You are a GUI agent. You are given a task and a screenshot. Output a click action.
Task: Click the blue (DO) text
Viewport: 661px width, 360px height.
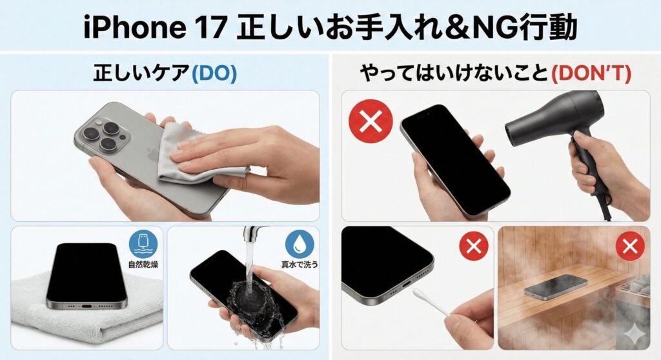tap(214, 74)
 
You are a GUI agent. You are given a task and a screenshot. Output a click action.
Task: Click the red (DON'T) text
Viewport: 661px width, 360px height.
tap(591, 74)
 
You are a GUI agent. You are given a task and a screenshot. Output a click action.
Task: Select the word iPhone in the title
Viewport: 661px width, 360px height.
tap(135, 28)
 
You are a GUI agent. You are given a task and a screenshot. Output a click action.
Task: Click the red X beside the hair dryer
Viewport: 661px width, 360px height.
tap(371, 121)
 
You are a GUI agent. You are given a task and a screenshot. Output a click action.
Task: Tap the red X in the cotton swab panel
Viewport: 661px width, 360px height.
tap(474, 246)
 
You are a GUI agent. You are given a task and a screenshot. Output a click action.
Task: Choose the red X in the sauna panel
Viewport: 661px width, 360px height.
tap(630, 246)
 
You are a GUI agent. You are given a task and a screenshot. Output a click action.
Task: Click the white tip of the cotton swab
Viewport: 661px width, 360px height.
tap(418, 294)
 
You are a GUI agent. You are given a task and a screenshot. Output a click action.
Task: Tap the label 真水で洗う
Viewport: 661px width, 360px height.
tap(300, 265)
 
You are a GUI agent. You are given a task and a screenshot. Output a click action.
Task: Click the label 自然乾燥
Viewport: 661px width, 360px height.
tap(143, 265)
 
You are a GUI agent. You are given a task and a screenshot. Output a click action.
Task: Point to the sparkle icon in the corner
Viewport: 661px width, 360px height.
tap(633, 335)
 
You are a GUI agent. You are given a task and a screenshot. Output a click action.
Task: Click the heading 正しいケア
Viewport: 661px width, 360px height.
tap(141, 74)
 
